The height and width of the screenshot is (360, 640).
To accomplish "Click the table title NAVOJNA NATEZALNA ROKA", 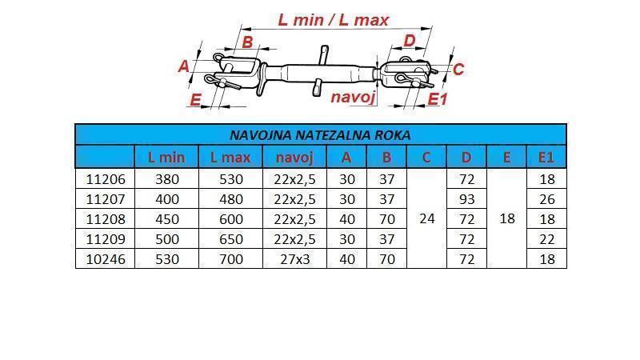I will [x=320, y=134].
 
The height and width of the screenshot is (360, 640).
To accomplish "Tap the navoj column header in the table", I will [x=294, y=158].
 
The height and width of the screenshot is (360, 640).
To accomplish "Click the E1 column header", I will [x=546, y=158].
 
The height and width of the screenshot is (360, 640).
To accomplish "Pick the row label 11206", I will [x=105, y=178].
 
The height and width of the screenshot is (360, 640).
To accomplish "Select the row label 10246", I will [x=105, y=258].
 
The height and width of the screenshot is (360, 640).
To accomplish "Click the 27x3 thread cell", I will [x=294, y=258].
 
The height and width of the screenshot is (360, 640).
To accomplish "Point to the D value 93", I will [x=466, y=198].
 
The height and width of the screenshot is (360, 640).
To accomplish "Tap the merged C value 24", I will [x=426, y=218].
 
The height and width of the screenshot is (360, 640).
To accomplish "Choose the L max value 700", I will [x=230, y=258].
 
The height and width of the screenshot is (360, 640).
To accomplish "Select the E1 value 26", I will [x=546, y=198].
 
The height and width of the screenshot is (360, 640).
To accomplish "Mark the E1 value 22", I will [x=546, y=238].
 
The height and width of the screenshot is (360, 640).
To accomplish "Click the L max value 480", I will [x=230, y=198].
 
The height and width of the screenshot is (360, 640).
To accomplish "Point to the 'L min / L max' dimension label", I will [x=333, y=19].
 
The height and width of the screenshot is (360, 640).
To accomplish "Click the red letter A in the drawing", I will [x=184, y=66].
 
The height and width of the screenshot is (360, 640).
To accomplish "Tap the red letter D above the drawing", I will [x=409, y=41].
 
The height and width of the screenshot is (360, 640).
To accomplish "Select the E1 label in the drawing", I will [x=438, y=98].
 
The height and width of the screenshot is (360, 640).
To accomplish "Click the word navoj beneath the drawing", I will [x=353, y=97].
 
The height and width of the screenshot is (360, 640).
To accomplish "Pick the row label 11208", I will [x=105, y=218].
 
